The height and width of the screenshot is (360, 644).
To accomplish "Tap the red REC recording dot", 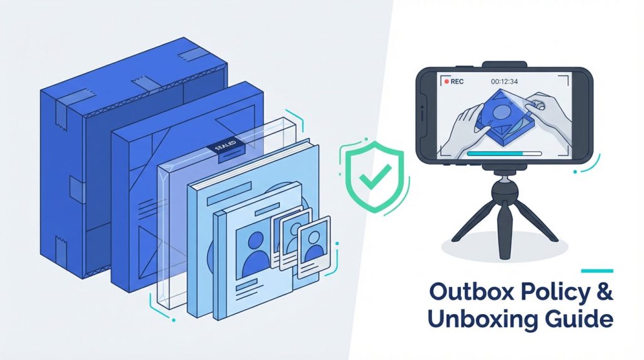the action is pos(447,82).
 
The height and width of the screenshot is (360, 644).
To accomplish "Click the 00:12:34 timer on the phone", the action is pos(504,82).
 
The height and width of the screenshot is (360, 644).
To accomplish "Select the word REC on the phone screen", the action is pos(457,82).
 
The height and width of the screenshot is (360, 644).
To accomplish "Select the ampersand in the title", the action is pos(604,292).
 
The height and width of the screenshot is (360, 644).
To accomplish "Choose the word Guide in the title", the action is pos(578,319).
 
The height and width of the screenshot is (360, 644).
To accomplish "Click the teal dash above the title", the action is pos(597,271).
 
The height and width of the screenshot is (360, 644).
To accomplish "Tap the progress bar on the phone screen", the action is pos(504,154).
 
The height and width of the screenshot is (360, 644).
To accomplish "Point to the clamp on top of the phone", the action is pos(504,65).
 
